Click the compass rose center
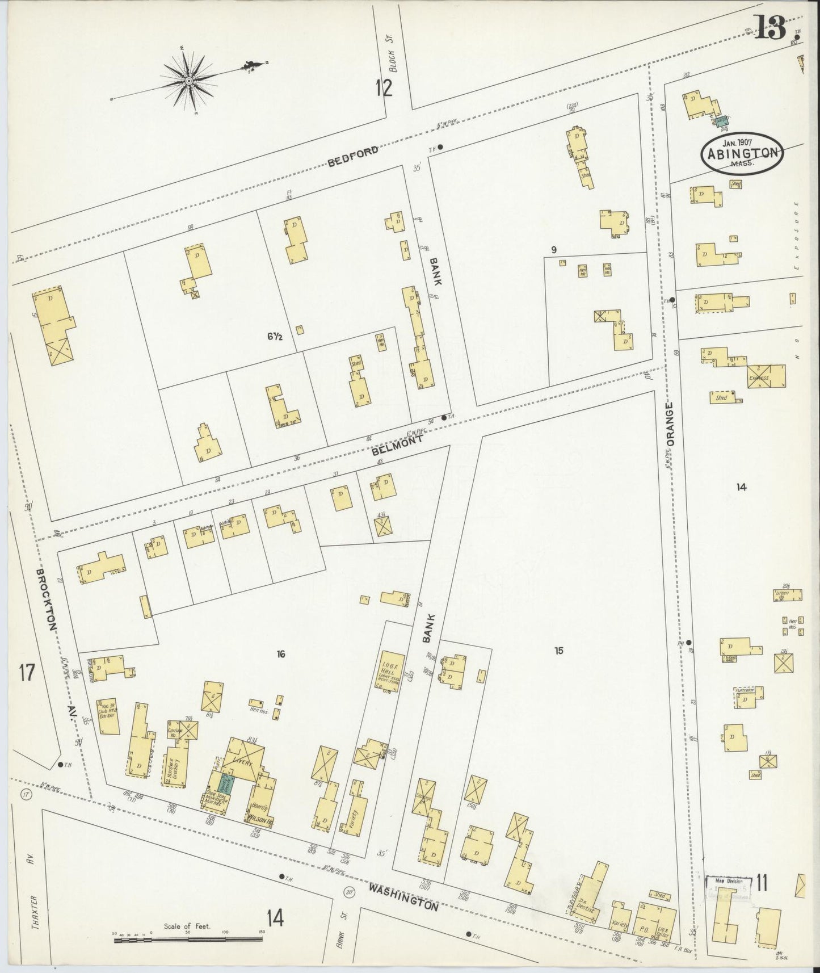tap(188, 82)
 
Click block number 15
tap(559, 651)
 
